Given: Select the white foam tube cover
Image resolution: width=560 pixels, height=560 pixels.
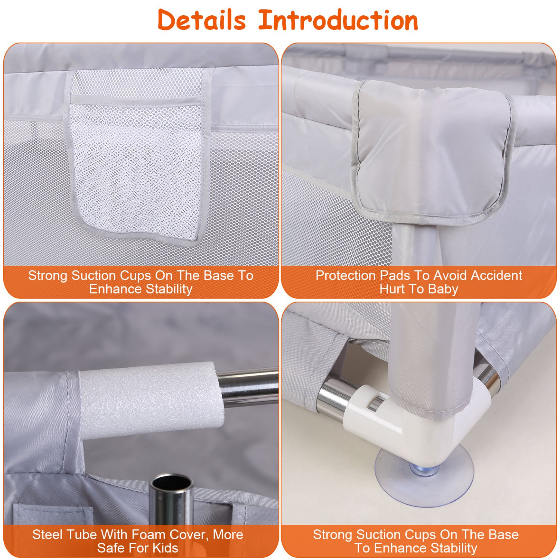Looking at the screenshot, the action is click(x=151, y=400).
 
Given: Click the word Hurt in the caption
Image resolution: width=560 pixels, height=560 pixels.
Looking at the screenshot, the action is click(x=393, y=289).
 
